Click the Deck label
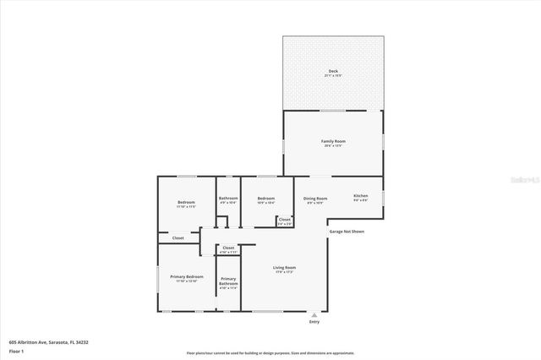pos(332,71)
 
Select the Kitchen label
pos(360,196)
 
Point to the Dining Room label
pos(315,199)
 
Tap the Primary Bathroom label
pos(228,281)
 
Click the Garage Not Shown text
pos(347,231)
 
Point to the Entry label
pos(314,322)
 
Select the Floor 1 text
pos(16,349)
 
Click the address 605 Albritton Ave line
pos(48,341)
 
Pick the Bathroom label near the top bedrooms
pos(228,199)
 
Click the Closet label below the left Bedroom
pos(178,238)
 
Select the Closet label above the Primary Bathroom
pos(228,249)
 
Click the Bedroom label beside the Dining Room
pos(265,199)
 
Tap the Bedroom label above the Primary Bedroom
pos(186,203)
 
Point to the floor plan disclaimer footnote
pos(270,352)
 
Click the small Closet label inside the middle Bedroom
pos(284,221)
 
